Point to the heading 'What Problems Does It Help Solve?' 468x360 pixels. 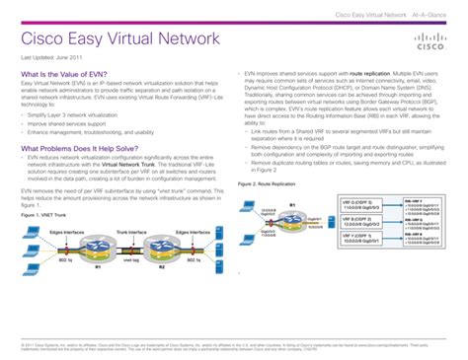[x=81, y=149]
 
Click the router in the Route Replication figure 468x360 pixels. [x=294, y=210]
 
